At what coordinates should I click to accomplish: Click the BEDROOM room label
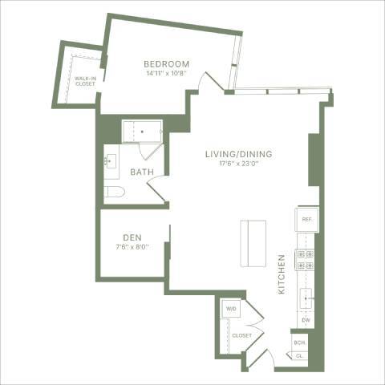tap(166, 64)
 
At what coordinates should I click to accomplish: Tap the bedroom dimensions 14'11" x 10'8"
tap(166, 74)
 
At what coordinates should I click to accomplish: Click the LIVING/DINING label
tap(239, 154)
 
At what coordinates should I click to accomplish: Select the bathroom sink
tap(111, 161)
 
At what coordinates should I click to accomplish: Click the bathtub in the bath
tap(141, 132)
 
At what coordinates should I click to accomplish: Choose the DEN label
tap(133, 237)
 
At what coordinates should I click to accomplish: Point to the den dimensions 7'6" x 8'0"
tap(133, 247)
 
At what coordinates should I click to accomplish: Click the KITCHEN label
tap(282, 274)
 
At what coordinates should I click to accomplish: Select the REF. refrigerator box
tap(306, 219)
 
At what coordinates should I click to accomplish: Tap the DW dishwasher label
tap(306, 321)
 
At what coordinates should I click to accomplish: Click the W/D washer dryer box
tap(231, 308)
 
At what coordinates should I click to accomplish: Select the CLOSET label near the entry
tap(241, 335)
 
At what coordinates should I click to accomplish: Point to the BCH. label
tap(299, 342)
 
